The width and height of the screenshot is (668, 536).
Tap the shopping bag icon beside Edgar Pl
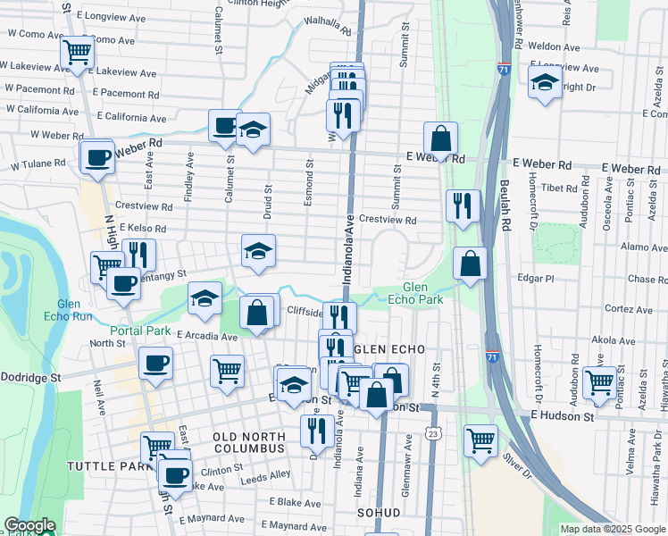[470, 263]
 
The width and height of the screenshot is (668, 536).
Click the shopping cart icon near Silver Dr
[480, 440]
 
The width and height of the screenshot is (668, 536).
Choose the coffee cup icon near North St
[156, 363]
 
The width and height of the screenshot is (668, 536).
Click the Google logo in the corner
[30, 525]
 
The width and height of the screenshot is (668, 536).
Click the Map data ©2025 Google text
[612, 529]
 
